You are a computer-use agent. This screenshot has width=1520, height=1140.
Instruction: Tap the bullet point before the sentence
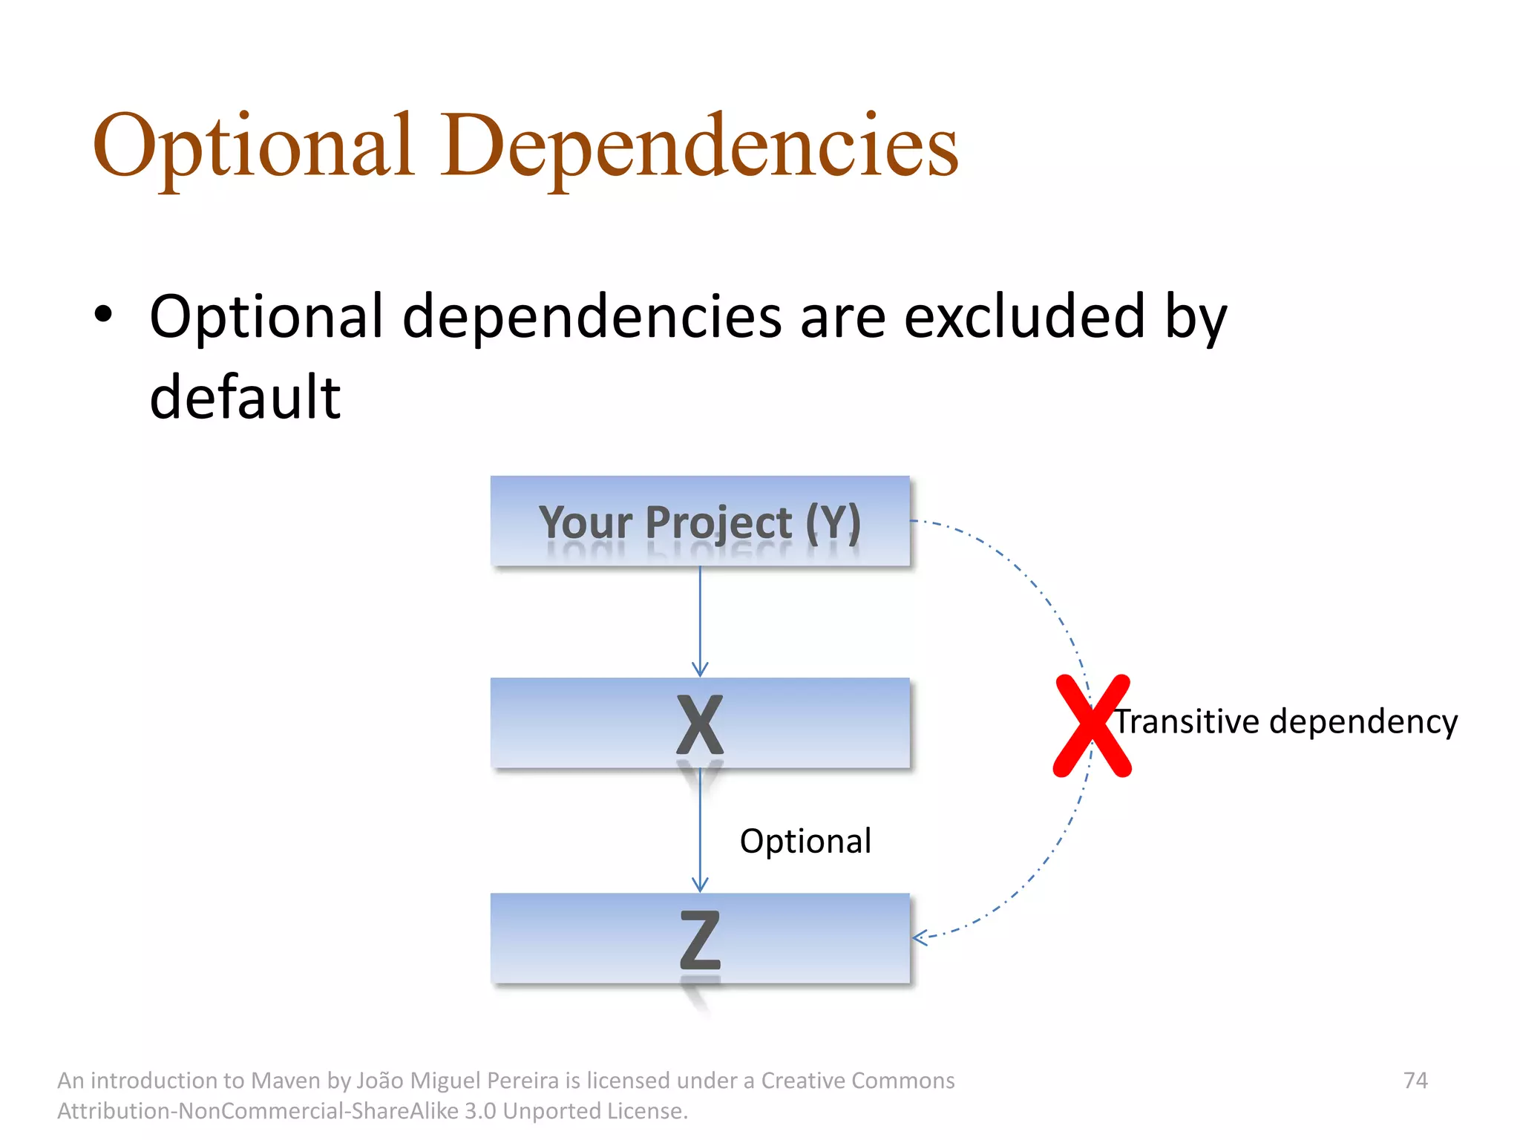click(x=103, y=315)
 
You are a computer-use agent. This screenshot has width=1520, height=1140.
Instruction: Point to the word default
click(x=245, y=397)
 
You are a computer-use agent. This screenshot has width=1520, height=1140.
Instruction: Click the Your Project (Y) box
click(x=699, y=521)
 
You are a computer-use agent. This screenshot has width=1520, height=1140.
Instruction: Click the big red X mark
click(x=1092, y=726)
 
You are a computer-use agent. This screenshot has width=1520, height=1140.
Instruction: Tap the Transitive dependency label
click(x=1285, y=721)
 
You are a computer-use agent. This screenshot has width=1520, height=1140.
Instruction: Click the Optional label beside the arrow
click(x=805, y=841)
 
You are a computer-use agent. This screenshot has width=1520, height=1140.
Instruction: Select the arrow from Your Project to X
click(x=700, y=620)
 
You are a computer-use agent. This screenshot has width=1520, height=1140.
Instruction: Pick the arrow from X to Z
click(x=700, y=831)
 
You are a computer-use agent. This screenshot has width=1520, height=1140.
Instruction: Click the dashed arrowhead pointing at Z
click(x=920, y=937)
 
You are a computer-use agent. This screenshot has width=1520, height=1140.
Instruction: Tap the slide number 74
click(x=1415, y=1080)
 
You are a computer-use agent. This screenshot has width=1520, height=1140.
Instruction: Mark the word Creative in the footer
click(x=802, y=1081)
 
